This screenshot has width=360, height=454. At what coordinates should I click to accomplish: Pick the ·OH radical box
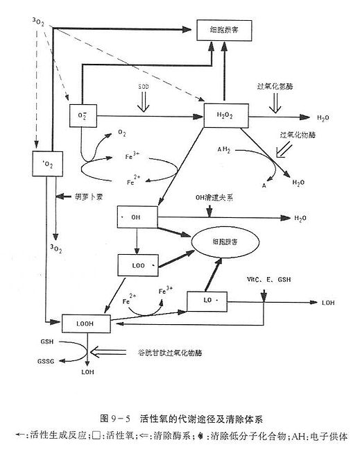tap(138, 217)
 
